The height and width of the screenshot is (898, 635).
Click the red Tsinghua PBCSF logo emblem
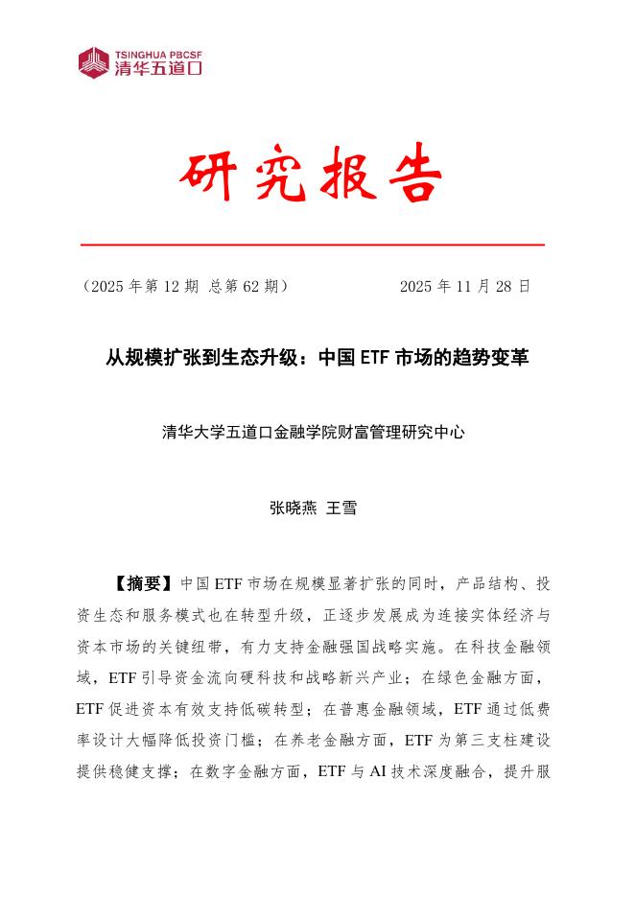pos(94,61)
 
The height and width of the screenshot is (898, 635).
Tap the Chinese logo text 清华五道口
pos(157,69)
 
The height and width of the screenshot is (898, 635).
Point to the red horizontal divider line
pos(313,246)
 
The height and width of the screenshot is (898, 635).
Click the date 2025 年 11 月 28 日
pos(464,286)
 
